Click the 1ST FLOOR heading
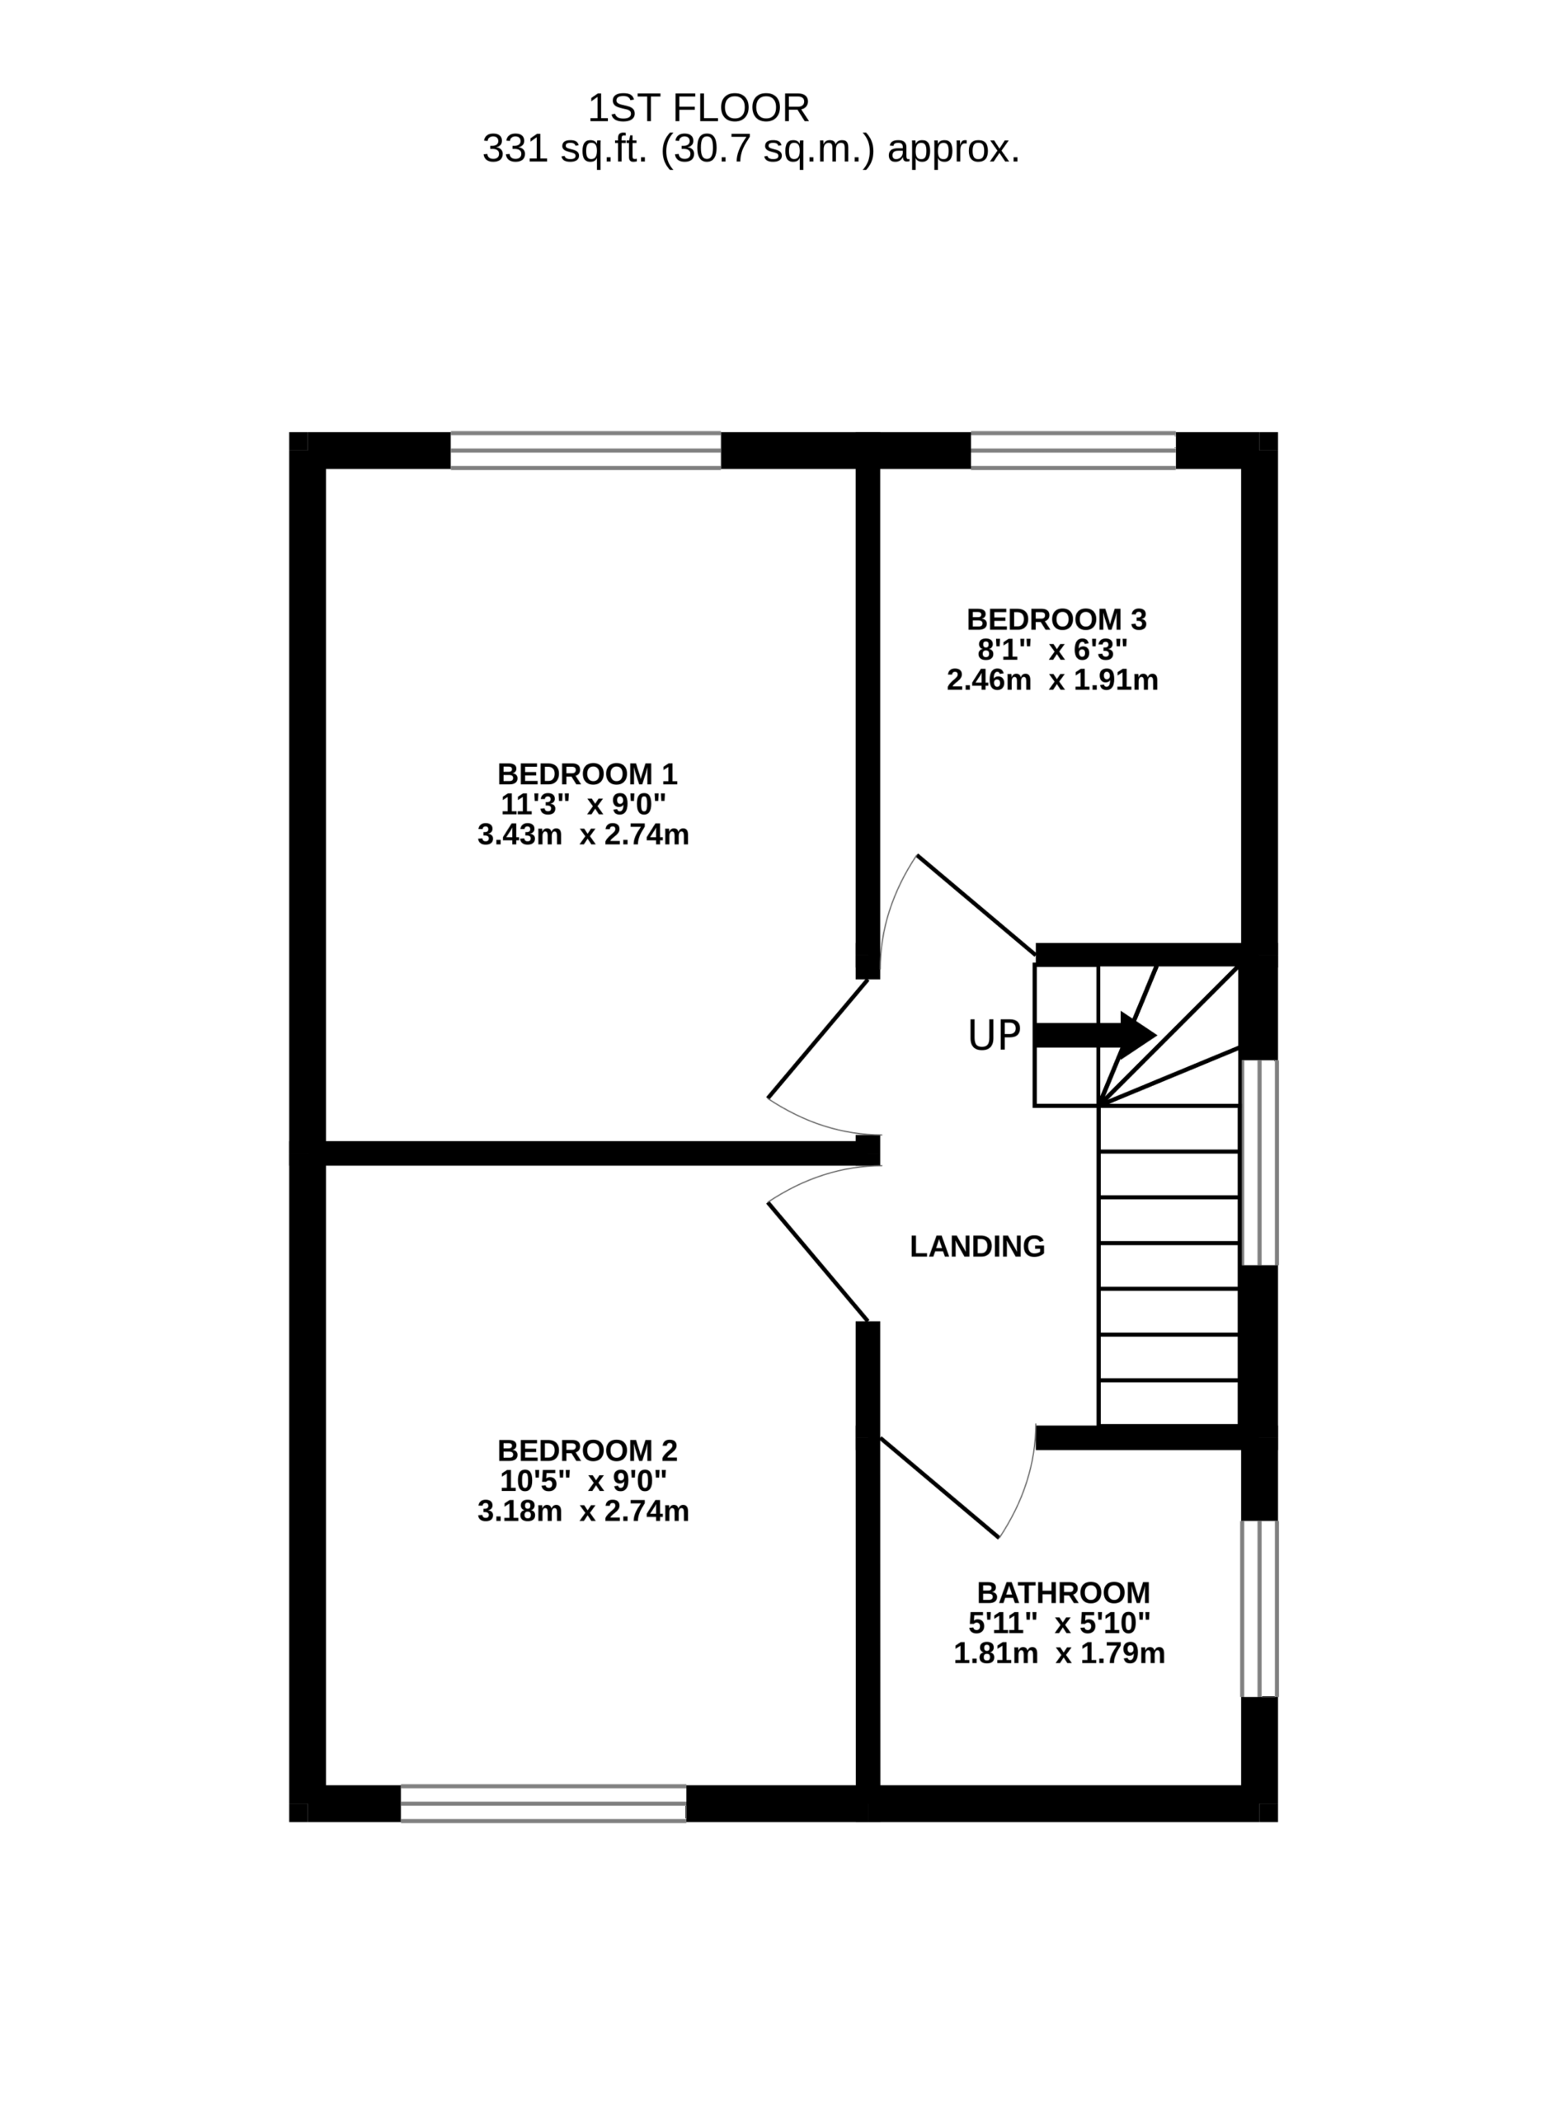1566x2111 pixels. point(698,109)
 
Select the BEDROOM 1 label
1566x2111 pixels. point(587,774)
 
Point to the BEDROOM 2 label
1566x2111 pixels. point(587,1450)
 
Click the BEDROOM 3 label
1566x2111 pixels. point(1056,620)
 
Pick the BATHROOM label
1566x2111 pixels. point(1064,1592)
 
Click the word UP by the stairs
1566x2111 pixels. point(994,1035)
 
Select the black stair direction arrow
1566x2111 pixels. point(1096,1034)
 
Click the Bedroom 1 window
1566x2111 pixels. point(585,450)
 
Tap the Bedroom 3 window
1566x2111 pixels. point(1073,450)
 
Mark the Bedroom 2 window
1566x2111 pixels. point(543,1804)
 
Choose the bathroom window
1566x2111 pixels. point(1260,1609)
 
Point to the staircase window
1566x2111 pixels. point(1260,1162)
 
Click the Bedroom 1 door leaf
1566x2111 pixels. point(818,1038)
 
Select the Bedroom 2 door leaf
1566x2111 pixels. point(818,1262)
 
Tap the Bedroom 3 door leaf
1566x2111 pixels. point(976,905)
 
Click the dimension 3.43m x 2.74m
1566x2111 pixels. point(583,835)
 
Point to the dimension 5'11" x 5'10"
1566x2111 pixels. point(1059,1623)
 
